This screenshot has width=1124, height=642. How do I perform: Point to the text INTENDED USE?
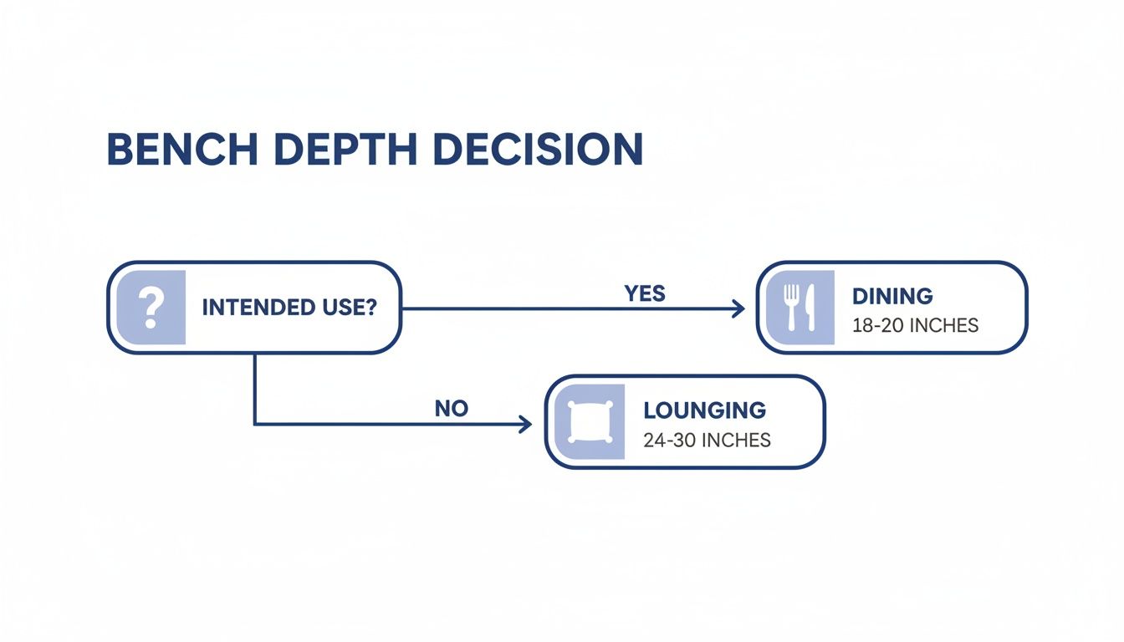pos(289,307)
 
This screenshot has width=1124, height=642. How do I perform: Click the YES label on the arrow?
pos(645,293)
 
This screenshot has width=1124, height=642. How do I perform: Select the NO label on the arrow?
pos(452,409)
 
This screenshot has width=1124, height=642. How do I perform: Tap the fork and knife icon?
pos(800,308)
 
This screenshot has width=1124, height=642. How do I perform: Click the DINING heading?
pos(892,296)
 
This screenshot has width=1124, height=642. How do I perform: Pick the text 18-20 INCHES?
pos(915,325)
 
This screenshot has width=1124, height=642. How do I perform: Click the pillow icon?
pos(589,422)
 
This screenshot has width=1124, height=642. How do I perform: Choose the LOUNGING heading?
pos(704,410)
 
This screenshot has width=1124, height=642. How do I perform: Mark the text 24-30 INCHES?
pos(707,440)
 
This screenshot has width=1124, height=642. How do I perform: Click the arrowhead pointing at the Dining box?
pos(738,308)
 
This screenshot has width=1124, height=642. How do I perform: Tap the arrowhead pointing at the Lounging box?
pos(526,424)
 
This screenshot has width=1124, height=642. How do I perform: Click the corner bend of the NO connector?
pos(254,424)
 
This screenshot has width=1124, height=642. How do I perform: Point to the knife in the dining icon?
pos(809,307)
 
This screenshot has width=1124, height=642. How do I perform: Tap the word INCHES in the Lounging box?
pos(736,440)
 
